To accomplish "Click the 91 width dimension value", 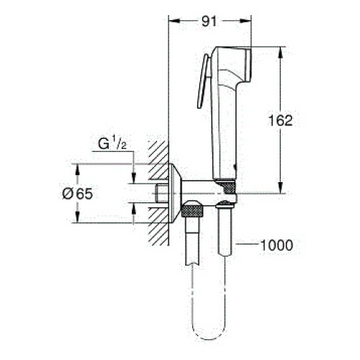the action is tap(209, 22).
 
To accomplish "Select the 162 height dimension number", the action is tap(280, 120).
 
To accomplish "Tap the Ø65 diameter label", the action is tap(77, 194).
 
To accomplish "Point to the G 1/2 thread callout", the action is tap(112, 144).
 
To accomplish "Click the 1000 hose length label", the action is tap(276, 246).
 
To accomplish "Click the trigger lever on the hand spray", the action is tap(203, 81).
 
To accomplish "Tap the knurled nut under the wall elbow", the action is tap(192, 210).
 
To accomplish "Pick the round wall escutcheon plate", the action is tap(175, 193).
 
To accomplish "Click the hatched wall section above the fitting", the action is tap(158, 160).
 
